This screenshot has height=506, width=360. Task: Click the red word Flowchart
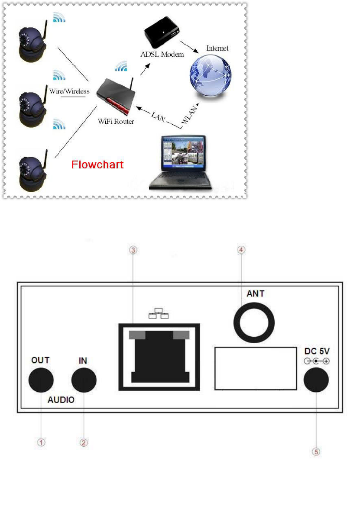pyautogui.click(x=97, y=165)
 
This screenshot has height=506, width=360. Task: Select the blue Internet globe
pyautogui.click(x=210, y=72)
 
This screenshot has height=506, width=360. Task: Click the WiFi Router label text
pyautogui.click(x=116, y=122)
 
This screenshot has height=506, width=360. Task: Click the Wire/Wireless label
pyautogui.click(x=69, y=91)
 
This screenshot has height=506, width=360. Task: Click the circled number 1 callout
pyautogui.click(x=41, y=442)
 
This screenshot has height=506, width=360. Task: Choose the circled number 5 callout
pyautogui.click(x=316, y=451)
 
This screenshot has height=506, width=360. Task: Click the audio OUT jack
pyautogui.click(x=41, y=380)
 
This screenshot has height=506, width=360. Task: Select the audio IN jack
pyautogui.click(x=84, y=380)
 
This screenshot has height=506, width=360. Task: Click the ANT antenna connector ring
pyautogui.click(x=254, y=322)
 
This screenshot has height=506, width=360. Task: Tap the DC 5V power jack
pyautogui.click(x=316, y=380)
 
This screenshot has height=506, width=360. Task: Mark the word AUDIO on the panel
pyautogui.click(x=61, y=400)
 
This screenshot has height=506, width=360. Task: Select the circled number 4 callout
pyautogui.click(x=242, y=250)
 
